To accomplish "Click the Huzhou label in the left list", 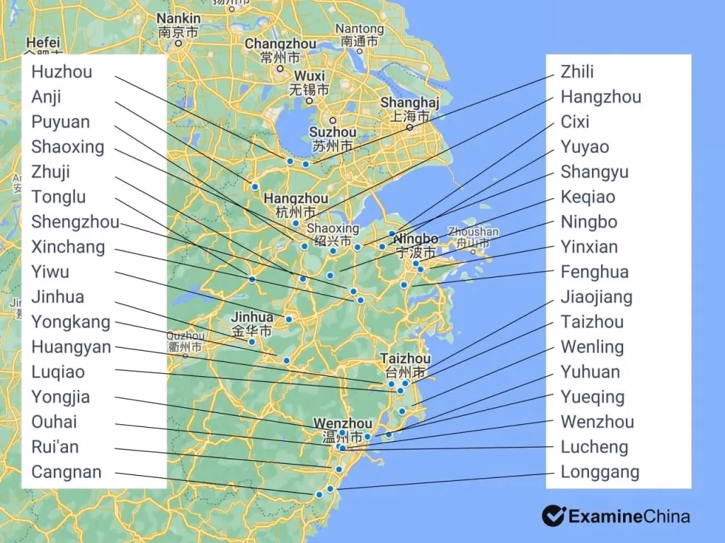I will (x=62, y=72).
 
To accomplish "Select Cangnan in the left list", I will (x=67, y=472).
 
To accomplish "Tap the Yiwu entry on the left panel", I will (x=50, y=272).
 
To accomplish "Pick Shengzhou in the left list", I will (x=75, y=222).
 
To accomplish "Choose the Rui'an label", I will (x=55, y=447).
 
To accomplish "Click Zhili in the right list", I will (x=577, y=72).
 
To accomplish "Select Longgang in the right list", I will (x=600, y=472).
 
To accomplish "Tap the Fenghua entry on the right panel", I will (x=594, y=272).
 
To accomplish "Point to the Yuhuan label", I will (x=590, y=372).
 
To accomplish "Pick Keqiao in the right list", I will (x=588, y=197).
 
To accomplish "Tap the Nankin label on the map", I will (x=178, y=18).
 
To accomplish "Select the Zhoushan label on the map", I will (x=474, y=232).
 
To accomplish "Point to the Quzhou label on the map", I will (x=185, y=337).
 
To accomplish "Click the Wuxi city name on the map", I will (x=309, y=76).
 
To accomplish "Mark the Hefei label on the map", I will (x=42, y=42).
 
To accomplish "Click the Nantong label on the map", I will (x=360, y=29).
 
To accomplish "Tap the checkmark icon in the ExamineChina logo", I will (x=553, y=515).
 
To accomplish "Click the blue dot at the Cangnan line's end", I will (x=319, y=495).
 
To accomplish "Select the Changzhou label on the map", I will (x=280, y=44).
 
